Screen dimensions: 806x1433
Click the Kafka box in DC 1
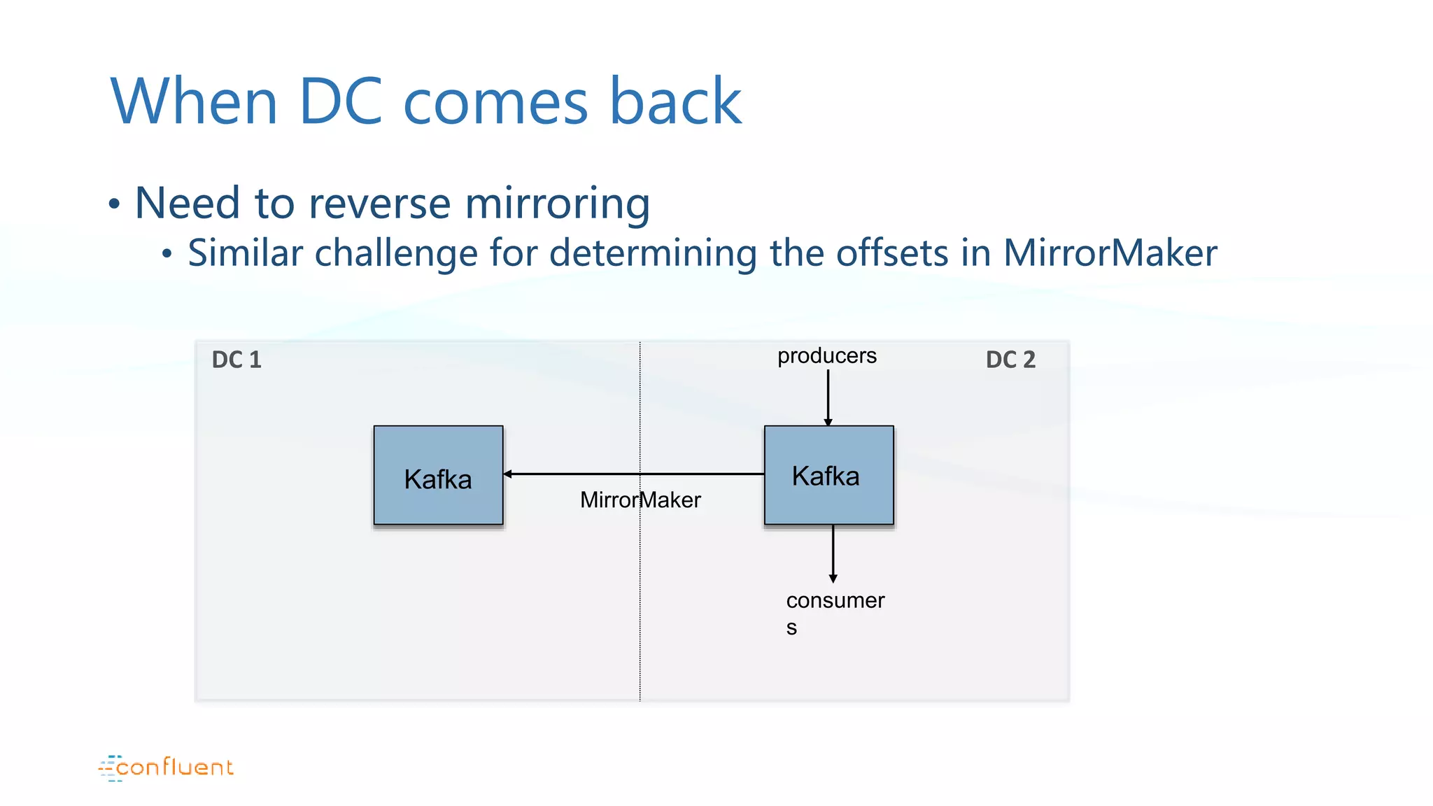pos(438,475)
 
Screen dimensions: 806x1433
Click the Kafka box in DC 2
pos(828,475)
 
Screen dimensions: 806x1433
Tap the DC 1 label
pos(237,360)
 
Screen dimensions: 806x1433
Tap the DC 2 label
pos(1010,360)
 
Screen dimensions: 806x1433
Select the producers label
pos(826,355)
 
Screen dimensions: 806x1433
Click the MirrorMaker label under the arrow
pos(640,500)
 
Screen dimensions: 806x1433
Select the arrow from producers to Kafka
pos(828,395)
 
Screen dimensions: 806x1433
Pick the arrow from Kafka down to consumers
pos(833,553)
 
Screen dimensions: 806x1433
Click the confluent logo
pos(167,768)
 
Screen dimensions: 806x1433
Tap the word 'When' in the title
pos(195,101)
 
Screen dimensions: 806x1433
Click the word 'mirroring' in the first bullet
pos(557,204)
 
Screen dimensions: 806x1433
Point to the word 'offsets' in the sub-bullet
pos(891,253)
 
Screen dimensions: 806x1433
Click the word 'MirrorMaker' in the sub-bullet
pos(1110,253)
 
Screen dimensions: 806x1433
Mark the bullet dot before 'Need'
pos(115,205)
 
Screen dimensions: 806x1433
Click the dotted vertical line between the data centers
pos(640,595)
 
